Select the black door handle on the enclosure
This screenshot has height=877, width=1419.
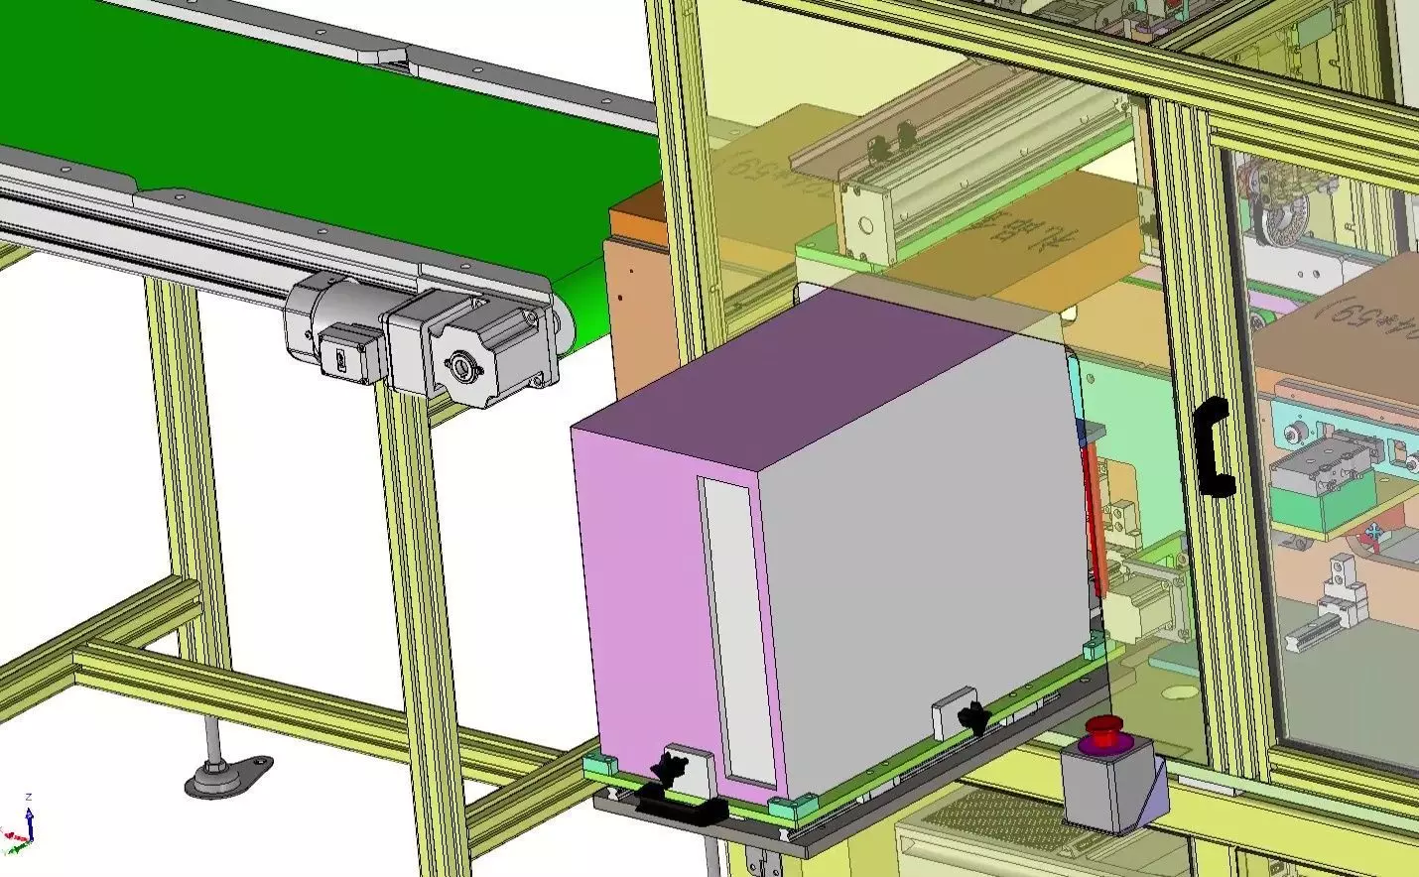(x=1213, y=445)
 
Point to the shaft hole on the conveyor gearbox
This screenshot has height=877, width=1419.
(x=462, y=368)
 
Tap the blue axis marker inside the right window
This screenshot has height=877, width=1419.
(x=1375, y=537)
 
